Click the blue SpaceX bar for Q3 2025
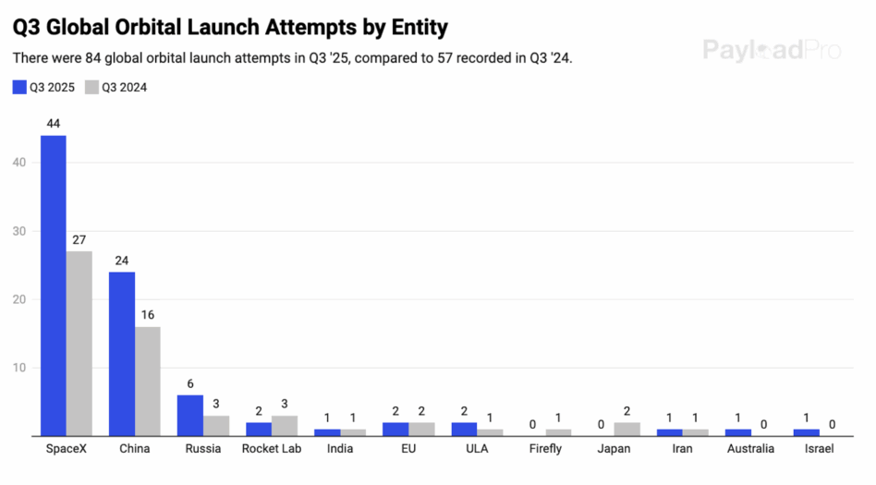[53, 285]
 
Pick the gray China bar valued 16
[148, 381]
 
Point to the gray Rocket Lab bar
[285, 426]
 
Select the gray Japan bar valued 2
[627, 429]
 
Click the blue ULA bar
[464, 429]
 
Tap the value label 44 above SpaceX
[53, 124]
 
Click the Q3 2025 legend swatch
[19, 88]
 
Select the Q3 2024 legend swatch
[91, 88]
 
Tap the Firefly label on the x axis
[546, 449]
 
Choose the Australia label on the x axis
[750, 449]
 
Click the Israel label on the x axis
[819, 449]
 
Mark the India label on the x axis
[340, 449]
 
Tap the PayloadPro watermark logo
[772, 50]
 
